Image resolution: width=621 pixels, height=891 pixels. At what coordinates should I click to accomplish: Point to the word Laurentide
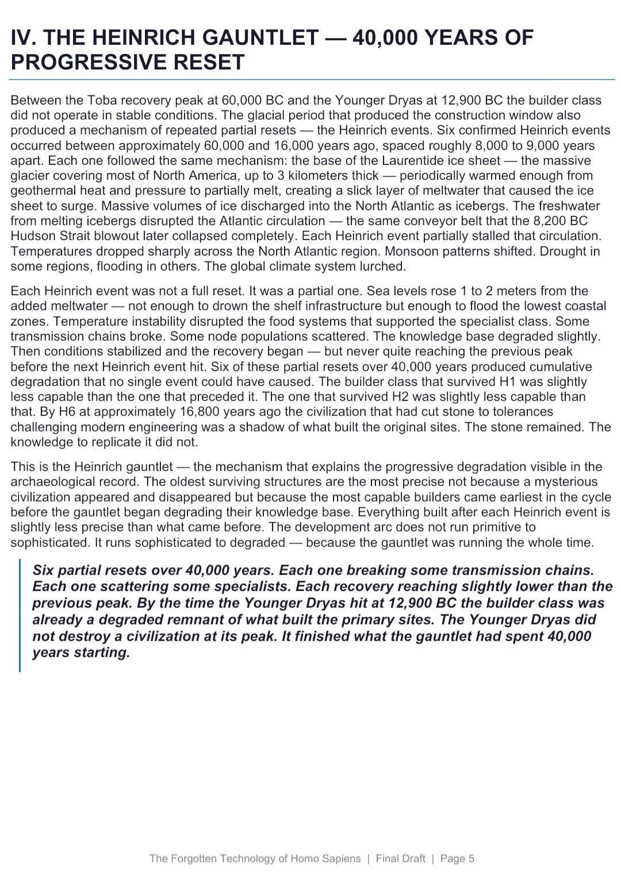tap(413, 161)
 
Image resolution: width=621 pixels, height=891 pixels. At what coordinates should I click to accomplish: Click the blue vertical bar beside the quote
tap(20, 615)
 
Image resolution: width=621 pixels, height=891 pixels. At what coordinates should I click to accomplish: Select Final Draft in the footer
tap(400, 859)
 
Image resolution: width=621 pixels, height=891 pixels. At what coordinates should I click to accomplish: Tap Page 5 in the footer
tap(457, 859)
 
